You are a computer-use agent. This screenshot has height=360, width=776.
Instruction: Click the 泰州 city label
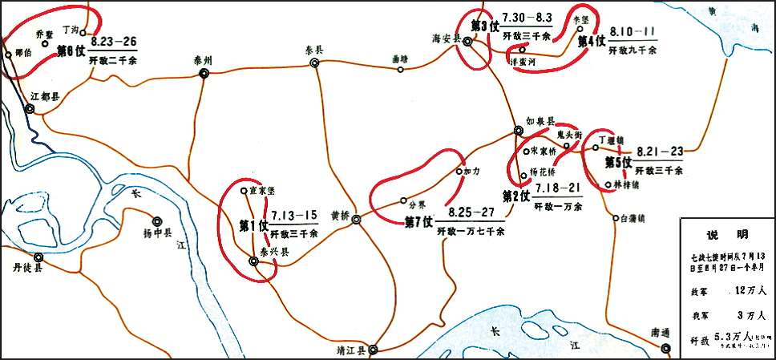coord(203,60)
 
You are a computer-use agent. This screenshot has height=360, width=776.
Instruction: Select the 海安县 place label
coord(447,38)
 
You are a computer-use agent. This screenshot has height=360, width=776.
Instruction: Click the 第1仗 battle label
coord(254,225)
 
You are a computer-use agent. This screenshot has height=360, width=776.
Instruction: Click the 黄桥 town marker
coord(356,220)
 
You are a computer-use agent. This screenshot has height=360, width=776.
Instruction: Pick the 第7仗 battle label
coord(418,221)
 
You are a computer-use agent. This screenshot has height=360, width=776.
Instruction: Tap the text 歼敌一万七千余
coord(471,232)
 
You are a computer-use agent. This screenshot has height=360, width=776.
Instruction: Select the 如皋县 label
coord(540,121)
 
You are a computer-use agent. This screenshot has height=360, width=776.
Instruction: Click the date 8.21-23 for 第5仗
coord(660,151)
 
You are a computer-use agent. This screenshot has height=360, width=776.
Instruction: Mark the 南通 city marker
coord(665,347)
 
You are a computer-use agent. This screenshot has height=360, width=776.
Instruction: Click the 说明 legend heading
coord(726,235)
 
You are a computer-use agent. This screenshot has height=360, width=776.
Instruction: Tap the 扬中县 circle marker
coord(156,220)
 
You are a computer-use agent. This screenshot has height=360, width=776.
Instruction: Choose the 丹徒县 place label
coord(26,268)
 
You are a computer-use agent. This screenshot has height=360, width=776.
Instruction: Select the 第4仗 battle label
coord(592,42)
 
